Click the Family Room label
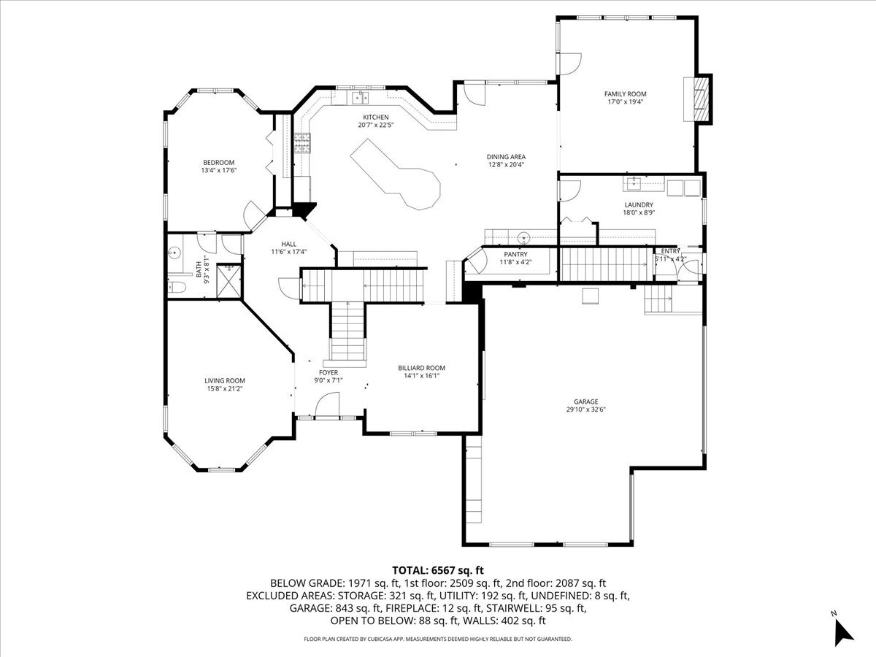[625, 94]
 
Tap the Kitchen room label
[375, 118]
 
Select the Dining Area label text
[506, 157]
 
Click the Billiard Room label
[421, 368]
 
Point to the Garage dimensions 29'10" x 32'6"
[586, 410]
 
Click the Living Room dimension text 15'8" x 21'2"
[225, 388]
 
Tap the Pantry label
[515, 255]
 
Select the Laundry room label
[639, 205]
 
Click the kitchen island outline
[395, 174]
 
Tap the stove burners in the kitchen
[302, 143]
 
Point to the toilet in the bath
[176, 287]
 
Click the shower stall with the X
[229, 281]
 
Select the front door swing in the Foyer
[327, 404]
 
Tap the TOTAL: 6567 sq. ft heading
[438, 570]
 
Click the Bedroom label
[219, 163]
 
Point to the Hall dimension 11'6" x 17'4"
[288, 252]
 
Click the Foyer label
[328, 372]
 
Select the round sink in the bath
[174, 252]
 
